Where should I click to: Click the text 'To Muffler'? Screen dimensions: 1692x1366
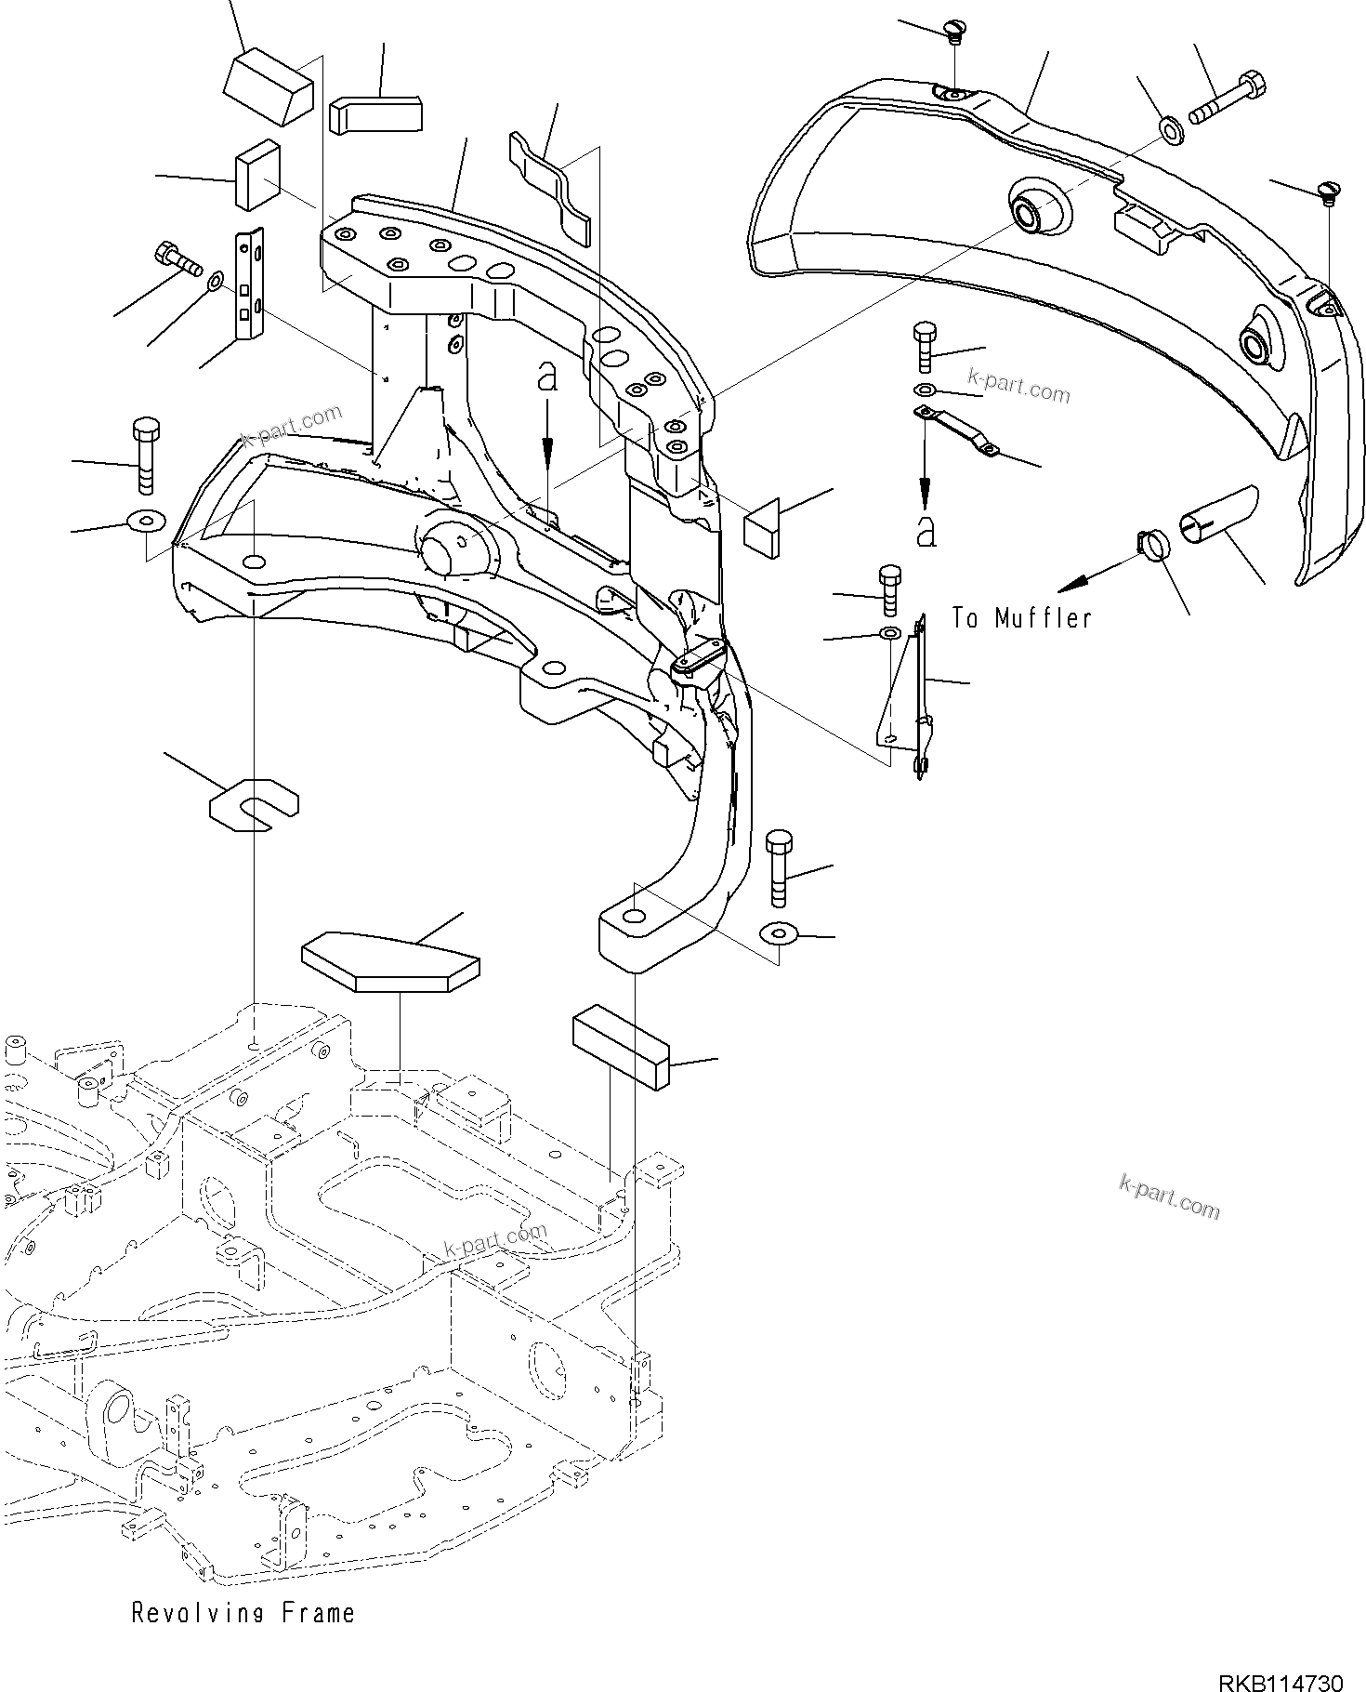tap(1021, 617)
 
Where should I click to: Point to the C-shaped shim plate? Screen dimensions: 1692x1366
tap(253, 801)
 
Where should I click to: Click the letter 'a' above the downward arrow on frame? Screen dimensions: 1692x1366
tap(548, 378)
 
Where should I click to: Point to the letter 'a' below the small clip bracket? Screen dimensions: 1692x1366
tap(926, 532)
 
